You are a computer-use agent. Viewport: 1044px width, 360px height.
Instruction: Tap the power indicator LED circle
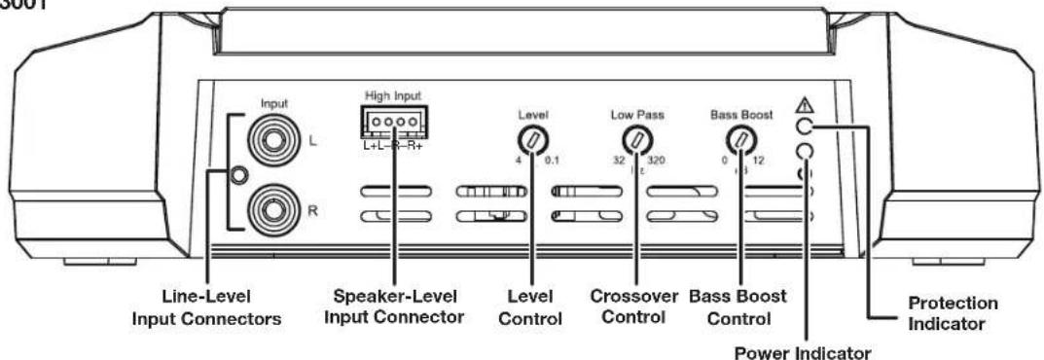point(805,153)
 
